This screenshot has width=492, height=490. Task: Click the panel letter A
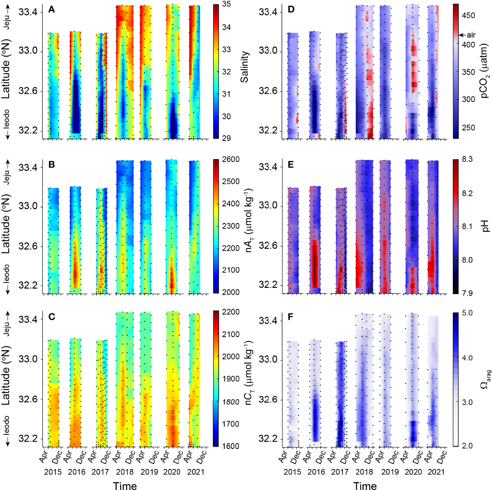point(51,10)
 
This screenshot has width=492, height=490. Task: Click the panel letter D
point(291,9)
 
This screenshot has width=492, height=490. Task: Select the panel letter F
point(290,317)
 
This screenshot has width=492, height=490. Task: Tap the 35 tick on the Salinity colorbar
point(226,4)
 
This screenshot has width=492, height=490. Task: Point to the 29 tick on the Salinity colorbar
point(226,138)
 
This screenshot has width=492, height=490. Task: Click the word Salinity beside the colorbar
point(245,67)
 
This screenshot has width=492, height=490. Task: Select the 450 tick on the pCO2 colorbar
point(468,16)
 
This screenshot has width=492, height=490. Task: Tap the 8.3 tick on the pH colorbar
point(467,159)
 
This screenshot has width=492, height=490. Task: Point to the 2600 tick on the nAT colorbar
point(230,159)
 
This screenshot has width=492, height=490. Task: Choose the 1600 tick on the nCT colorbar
point(230,446)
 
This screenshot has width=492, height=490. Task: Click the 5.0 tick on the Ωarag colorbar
point(467,313)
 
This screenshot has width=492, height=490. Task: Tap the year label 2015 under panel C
point(53,472)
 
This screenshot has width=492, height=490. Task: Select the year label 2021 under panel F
point(436,472)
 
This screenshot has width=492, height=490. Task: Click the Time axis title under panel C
point(125,486)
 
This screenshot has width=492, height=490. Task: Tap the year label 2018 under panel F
point(364,472)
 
